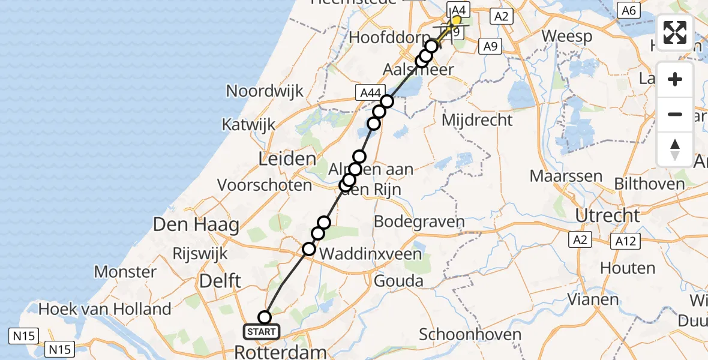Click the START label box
point(262,331)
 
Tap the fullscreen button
point(675,32)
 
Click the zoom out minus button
point(675,114)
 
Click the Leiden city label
point(287,160)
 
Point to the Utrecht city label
point(607,215)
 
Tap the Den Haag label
point(196,226)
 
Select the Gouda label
point(398,280)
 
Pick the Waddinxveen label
point(371,254)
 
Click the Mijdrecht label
point(477,120)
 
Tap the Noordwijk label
point(265,91)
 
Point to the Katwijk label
point(248,125)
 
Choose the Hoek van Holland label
point(105,310)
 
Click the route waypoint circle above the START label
point(265,317)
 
